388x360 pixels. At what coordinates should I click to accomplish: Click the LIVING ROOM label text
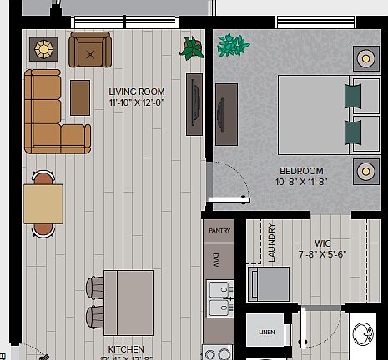coord(137,92)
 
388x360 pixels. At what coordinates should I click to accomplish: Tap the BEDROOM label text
coord(301,171)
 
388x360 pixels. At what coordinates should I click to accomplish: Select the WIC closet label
coord(322,244)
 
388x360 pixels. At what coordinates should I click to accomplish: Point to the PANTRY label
coord(219,230)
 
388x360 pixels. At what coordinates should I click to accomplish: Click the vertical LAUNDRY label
coord(272,242)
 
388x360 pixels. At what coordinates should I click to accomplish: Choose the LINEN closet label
coord(266,332)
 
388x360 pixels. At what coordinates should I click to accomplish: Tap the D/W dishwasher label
coord(215,258)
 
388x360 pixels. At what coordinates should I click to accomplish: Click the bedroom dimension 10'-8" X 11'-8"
coord(301,182)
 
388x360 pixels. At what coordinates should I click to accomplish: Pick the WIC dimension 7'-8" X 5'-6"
coord(322,255)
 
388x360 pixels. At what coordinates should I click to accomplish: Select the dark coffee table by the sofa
coord(80,97)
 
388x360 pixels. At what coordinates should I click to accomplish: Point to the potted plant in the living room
coord(192,47)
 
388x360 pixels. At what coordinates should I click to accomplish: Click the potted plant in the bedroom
coord(233,45)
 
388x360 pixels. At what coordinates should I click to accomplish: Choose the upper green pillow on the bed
coord(353,97)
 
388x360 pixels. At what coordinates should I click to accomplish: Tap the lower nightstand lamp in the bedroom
coord(365,172)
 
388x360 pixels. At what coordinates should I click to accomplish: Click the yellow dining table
coord(43,203)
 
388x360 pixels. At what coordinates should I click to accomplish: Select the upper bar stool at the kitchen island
coord(94,287)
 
